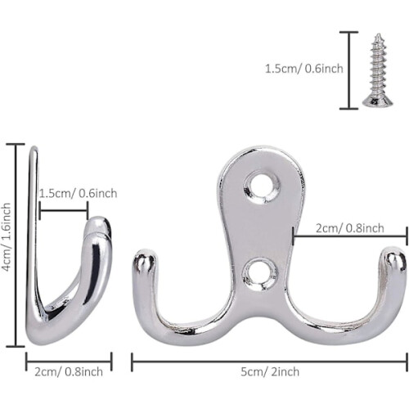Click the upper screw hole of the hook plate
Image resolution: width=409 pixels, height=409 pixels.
click(262, 187)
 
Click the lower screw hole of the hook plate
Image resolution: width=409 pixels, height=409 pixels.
click(260, 273)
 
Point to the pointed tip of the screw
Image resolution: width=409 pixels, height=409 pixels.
click(379, 34)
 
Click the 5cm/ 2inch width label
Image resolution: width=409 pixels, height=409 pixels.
click(270, 372)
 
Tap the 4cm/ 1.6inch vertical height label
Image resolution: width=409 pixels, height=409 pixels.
click(7, 236)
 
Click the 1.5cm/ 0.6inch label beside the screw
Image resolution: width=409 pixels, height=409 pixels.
click(304, 69)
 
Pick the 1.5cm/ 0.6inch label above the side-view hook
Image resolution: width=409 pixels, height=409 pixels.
click(79, 194)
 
